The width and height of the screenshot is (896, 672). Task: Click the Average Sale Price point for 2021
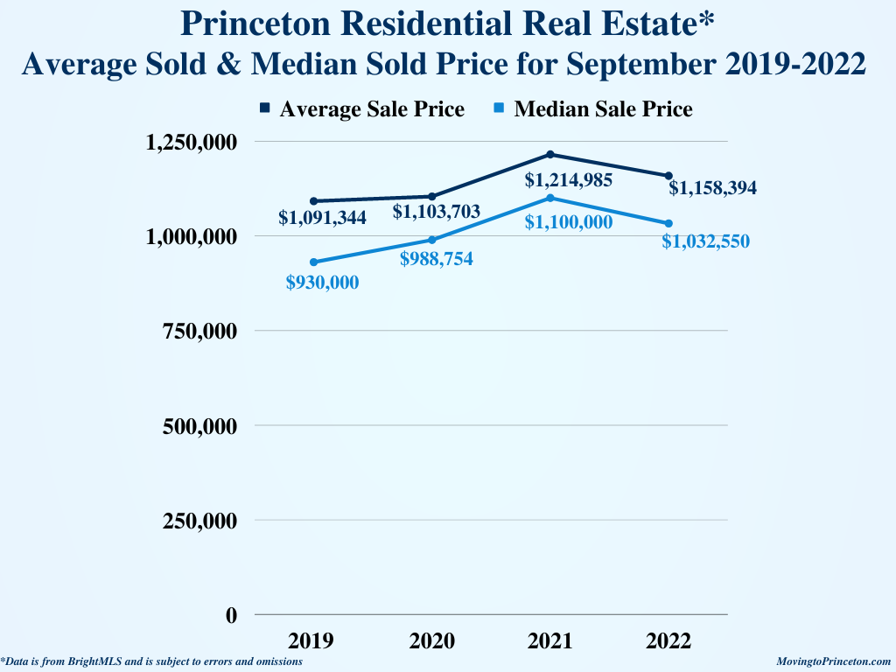(x=550, y=155)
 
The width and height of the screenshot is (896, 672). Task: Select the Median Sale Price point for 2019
(x=313, y=262)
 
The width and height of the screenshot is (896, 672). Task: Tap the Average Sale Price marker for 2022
(x=669, y=176)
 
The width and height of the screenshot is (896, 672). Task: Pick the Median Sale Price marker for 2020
(x=432, y=240)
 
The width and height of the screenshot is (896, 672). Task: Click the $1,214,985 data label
(x=568, y=180)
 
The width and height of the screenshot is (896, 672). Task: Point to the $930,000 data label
(x=322, y=282)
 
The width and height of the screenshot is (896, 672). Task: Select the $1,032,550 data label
(x=705, y=241)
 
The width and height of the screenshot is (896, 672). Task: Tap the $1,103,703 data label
(x=436, y=211)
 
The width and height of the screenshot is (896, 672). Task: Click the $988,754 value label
(x=436, y=259)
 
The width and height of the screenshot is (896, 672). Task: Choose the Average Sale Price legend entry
(x=362, y=109)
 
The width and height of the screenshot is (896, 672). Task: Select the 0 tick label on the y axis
(x=231, y=615)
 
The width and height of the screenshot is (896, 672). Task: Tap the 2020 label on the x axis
(x=432, y=641)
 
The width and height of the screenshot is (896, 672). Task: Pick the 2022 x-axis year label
(x=669, y=641)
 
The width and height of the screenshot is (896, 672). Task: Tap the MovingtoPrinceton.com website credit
(x=834, y=662)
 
